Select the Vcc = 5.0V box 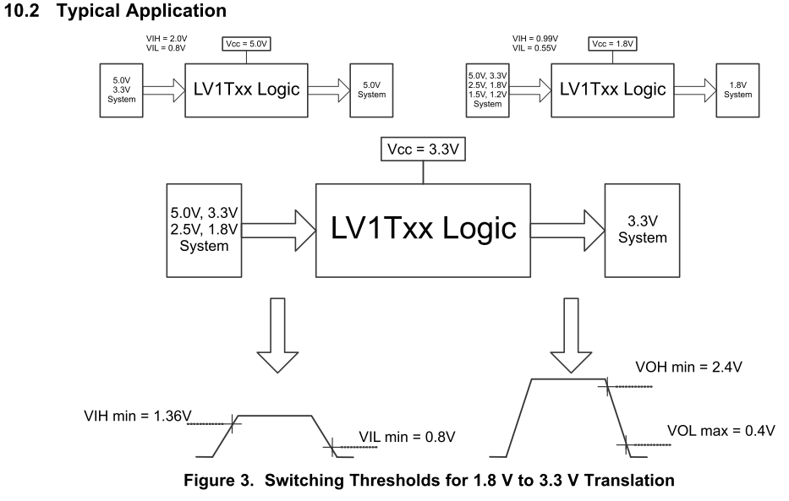coord(246,45)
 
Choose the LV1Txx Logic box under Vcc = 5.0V coord(246,88)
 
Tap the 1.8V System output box coord(738,89)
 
